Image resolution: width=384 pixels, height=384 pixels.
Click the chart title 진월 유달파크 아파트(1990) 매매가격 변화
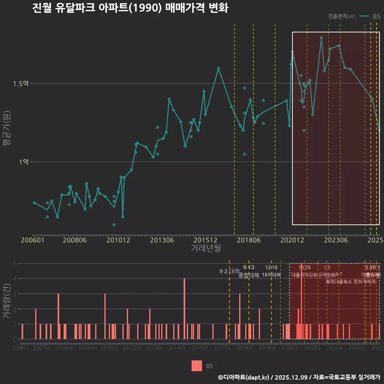coord(130,8)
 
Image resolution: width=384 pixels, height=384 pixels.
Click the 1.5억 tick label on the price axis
coord(21,84)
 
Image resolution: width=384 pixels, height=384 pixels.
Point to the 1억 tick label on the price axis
coord(24,162)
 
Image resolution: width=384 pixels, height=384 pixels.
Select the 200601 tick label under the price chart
coord(32,240)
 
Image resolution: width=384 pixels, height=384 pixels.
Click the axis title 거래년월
coord(206,248)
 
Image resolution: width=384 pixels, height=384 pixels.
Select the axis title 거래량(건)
coord(7,301)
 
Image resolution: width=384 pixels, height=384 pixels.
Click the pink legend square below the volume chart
coord(196,366)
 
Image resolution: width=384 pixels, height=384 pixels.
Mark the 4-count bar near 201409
coord(184,308)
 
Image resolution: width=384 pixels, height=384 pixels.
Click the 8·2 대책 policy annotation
coord(229,272)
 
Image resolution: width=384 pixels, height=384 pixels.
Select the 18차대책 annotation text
coord(272,275)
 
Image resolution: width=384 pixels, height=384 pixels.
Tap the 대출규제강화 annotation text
coord(304,275)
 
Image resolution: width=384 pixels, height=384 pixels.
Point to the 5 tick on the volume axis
coord(14,264)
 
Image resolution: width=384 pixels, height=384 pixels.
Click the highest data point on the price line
coord(321,38)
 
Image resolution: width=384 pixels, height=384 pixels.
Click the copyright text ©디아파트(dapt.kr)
coord(244,377)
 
